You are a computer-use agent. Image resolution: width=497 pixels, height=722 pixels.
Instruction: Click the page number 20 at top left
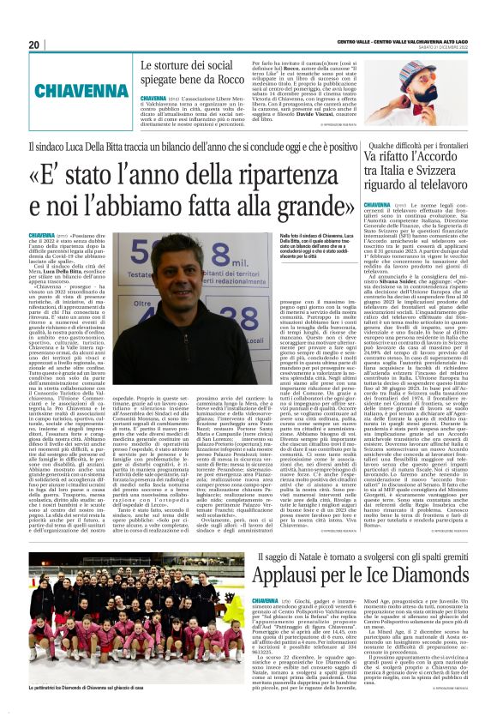click(33, 44)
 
